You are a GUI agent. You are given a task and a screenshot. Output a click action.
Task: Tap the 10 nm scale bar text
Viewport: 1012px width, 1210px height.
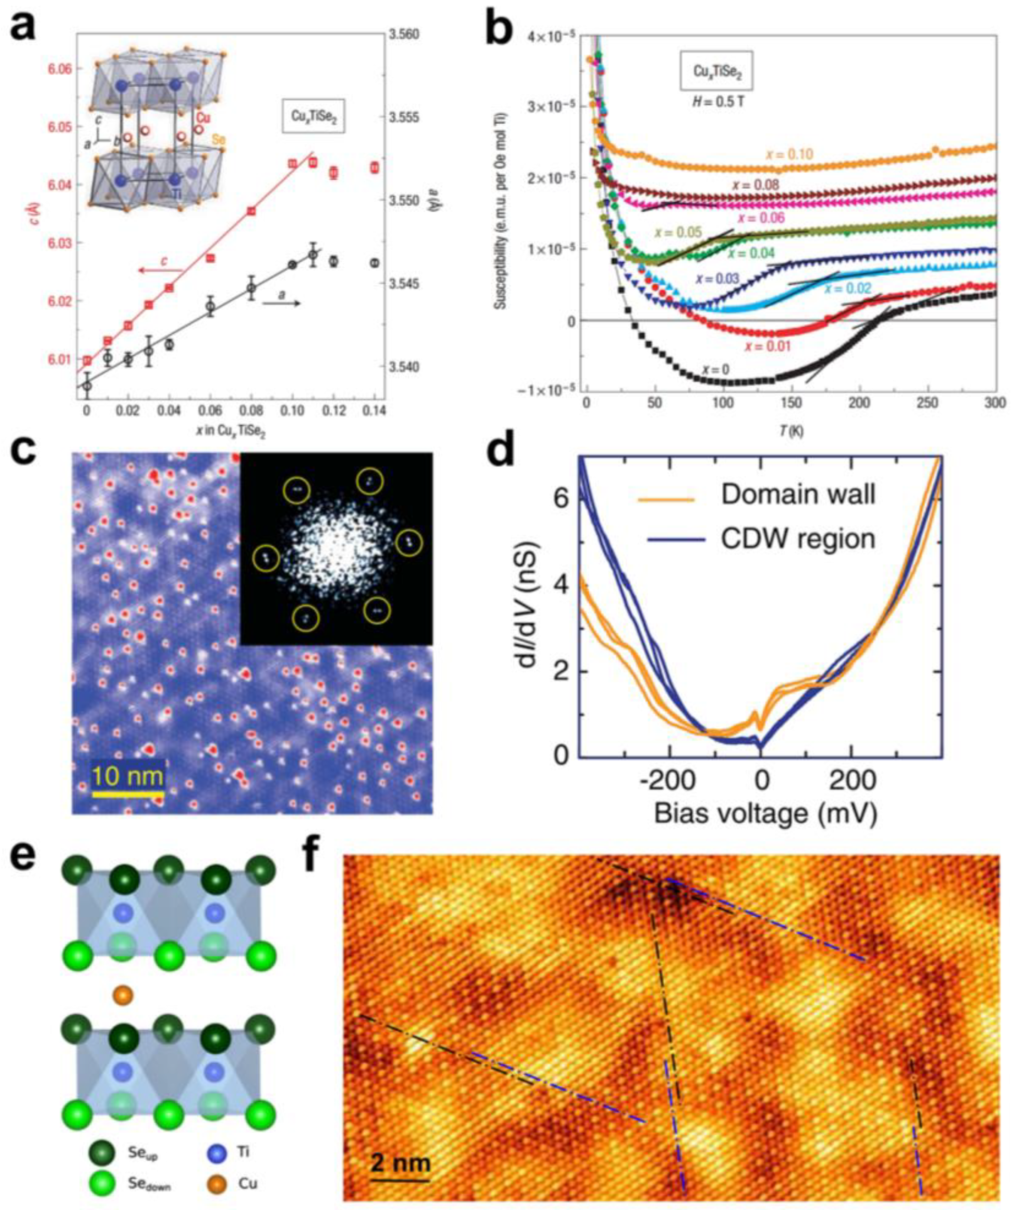coord(128,777)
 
